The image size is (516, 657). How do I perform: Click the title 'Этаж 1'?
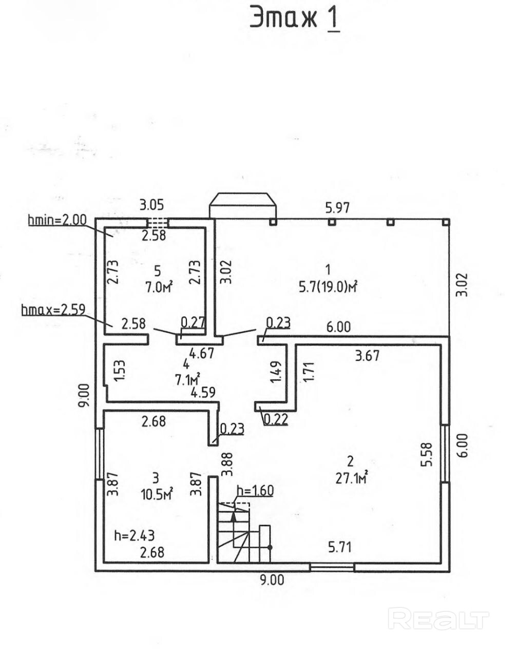295,19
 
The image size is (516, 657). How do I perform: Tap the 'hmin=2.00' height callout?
57,221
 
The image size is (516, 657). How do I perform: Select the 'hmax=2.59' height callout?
53,310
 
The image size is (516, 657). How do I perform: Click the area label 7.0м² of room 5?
158,286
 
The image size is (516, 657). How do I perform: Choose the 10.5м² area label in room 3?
156,494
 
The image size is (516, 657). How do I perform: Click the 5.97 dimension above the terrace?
337,208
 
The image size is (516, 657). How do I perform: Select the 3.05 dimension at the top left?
152,205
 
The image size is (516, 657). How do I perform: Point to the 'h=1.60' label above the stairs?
255,490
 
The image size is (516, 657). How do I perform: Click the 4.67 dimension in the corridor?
202,353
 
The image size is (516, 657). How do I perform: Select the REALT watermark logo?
438,619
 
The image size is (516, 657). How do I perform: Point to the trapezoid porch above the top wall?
243,205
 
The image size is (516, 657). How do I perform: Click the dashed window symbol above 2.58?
158,222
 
